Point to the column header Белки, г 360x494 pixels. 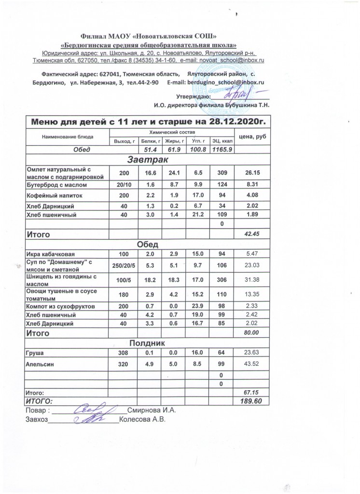[x=148, y=141]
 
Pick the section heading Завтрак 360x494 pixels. [x=145, y=159]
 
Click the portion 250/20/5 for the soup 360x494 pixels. [x=121, y=264]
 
